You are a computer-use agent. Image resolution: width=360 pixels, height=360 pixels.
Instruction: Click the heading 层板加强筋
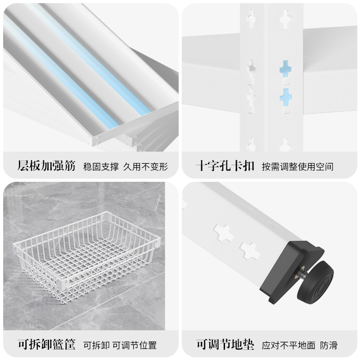click(x=46, y=166)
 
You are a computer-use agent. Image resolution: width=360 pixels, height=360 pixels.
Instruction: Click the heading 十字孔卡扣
click(x=225, y=166)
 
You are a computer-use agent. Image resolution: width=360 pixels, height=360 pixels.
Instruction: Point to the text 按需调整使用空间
click(x=298, y=166)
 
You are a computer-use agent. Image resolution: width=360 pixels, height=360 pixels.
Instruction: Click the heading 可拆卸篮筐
click(x=46, y=345)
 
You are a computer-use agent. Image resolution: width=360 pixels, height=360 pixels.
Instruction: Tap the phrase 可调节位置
click(x=134, y=346)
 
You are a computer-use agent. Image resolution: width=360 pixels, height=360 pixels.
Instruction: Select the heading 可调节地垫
click(x=225, y=345)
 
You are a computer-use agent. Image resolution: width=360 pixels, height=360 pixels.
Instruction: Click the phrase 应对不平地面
click(x=288, y=346)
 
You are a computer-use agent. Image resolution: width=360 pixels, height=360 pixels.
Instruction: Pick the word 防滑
click(x=329, y=346)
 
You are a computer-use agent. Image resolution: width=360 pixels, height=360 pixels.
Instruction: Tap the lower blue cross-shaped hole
click(x=285, y=95)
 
